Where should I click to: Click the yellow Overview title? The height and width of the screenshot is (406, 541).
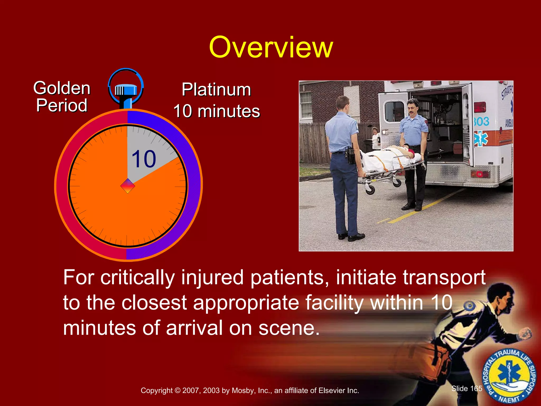[x=271, y=48]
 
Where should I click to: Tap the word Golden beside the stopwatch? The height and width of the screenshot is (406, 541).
[x=62, y=88]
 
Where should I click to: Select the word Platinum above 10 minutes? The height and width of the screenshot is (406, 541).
[x=216, y=90]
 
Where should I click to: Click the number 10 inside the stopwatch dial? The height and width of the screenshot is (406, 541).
[x=144, y=159]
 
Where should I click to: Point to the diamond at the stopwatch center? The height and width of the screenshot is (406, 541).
[x=128, y=186]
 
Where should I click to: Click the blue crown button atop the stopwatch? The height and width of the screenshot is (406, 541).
[x=126, y=90]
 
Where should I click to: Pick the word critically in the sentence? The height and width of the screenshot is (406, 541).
[x=137, y=278]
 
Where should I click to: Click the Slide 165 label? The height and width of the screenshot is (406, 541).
[x=467, y=388]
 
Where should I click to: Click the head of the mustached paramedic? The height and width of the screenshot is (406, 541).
[x=412, y=107]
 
